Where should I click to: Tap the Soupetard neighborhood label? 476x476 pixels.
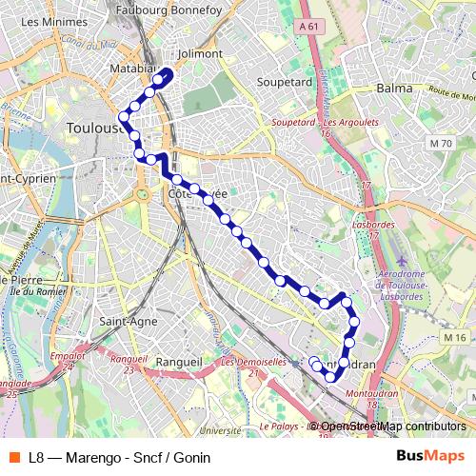tap(284, 82)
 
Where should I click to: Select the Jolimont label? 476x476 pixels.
tap(200, 54)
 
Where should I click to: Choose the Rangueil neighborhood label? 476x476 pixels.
tap(178, 362)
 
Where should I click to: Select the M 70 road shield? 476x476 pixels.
tap(440, 143)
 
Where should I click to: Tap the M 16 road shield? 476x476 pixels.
tap(453, 338)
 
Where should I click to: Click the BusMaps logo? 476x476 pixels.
tap(431, 456)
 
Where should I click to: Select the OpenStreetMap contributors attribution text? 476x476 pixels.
tap(392, 426)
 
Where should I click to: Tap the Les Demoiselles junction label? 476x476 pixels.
tap(253, 362)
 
